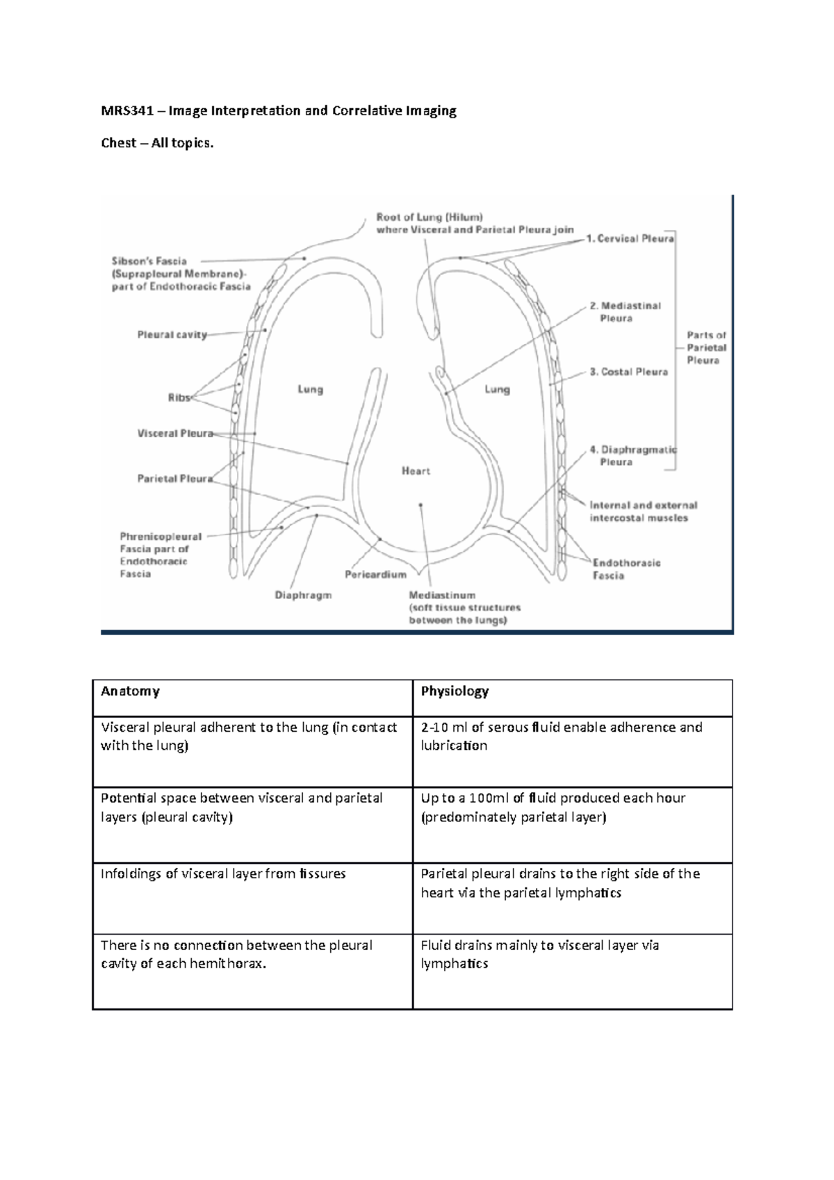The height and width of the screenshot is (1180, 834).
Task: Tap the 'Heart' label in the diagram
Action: (416, 471)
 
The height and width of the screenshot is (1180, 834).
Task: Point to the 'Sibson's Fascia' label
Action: (149, 261)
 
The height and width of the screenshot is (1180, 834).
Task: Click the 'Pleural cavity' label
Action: (172, 334)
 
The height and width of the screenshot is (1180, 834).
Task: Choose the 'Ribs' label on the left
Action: (179, 398)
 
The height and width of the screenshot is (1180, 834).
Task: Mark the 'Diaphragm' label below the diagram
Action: (303, 595)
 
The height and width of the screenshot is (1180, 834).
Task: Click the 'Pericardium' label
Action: (375, 575)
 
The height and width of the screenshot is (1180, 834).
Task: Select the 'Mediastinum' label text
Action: (442, 596)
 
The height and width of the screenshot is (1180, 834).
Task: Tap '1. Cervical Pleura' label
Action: (630, 238)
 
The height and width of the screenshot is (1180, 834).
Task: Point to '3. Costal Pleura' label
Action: (628, 372)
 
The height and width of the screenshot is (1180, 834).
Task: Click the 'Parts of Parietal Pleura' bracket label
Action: (706, 347)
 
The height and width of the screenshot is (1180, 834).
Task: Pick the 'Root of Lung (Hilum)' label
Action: (429, 217)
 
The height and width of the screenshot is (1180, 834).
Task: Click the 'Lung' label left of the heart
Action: (311, 389)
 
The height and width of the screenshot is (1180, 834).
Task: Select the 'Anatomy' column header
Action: (130, 691)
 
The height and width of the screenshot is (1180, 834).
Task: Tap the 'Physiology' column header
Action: (455, 691)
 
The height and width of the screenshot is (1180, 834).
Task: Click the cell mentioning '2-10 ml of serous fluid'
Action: (562, 736)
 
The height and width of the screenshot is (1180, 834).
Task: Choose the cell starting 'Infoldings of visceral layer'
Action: (223, 874)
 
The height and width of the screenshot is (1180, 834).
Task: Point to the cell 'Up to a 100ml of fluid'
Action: (553, 807)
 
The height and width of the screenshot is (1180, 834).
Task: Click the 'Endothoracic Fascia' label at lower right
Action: (625, 568)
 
